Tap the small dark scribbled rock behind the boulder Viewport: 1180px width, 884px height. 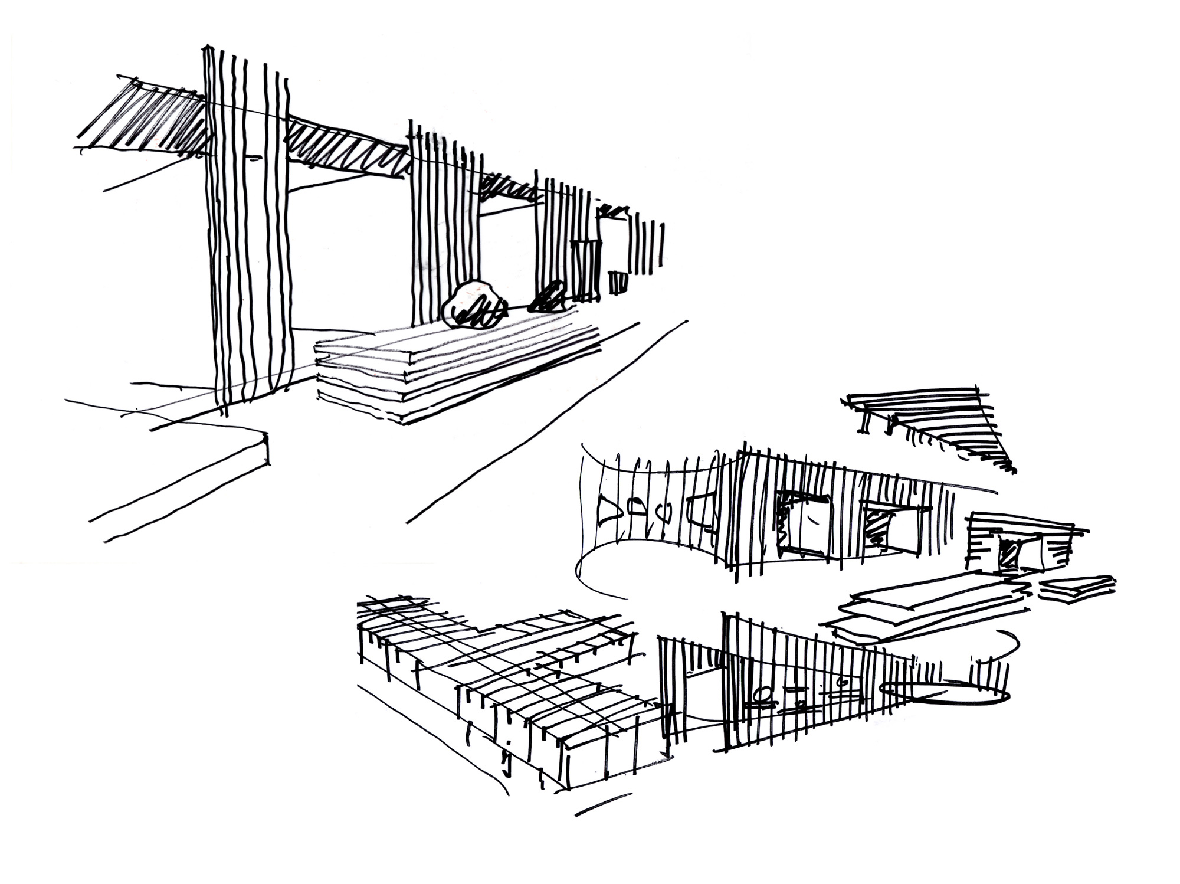click(x=548, y=297)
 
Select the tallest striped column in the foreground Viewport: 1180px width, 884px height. click(x=248, y=230)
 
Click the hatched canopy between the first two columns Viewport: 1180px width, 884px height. click(x=348, y=148)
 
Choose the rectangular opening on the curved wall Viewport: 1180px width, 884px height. click(x=702, y=510)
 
